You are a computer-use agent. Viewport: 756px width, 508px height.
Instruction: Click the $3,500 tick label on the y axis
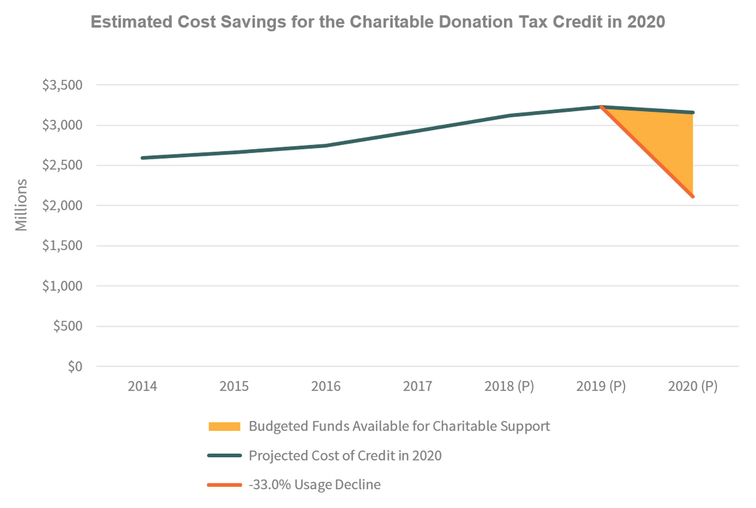click(62, 85)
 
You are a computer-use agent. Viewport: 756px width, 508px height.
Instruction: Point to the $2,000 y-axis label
click(62, 205)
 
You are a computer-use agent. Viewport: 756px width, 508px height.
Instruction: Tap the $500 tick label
click(68, 326)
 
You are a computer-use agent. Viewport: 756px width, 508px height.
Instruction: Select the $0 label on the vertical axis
click(75, 367)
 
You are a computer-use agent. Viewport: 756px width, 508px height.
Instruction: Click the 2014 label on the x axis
click(143, 386)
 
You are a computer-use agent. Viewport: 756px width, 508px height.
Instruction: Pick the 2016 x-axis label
click(326, 386)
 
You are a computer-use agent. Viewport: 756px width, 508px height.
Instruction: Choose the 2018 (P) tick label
click(509, 386)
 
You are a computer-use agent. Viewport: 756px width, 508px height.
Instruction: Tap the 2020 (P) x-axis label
click(693, 386)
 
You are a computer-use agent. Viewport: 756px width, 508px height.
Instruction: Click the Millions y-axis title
click(21, 205)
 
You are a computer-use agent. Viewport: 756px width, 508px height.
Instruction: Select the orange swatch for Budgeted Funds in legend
click(224, 426)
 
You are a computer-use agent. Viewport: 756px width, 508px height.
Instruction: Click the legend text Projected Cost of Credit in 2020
click(345, 456)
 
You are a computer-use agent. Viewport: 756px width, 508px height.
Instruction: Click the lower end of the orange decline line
click(693, 196)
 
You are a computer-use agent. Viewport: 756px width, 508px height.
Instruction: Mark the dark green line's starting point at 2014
click(143, 158)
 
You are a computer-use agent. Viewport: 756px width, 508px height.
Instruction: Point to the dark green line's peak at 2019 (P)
click(601, 107)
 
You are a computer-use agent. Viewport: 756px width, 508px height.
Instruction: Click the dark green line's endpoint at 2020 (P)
click(693, 113)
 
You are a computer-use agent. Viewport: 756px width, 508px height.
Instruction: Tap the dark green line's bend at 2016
click(326, 146)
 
